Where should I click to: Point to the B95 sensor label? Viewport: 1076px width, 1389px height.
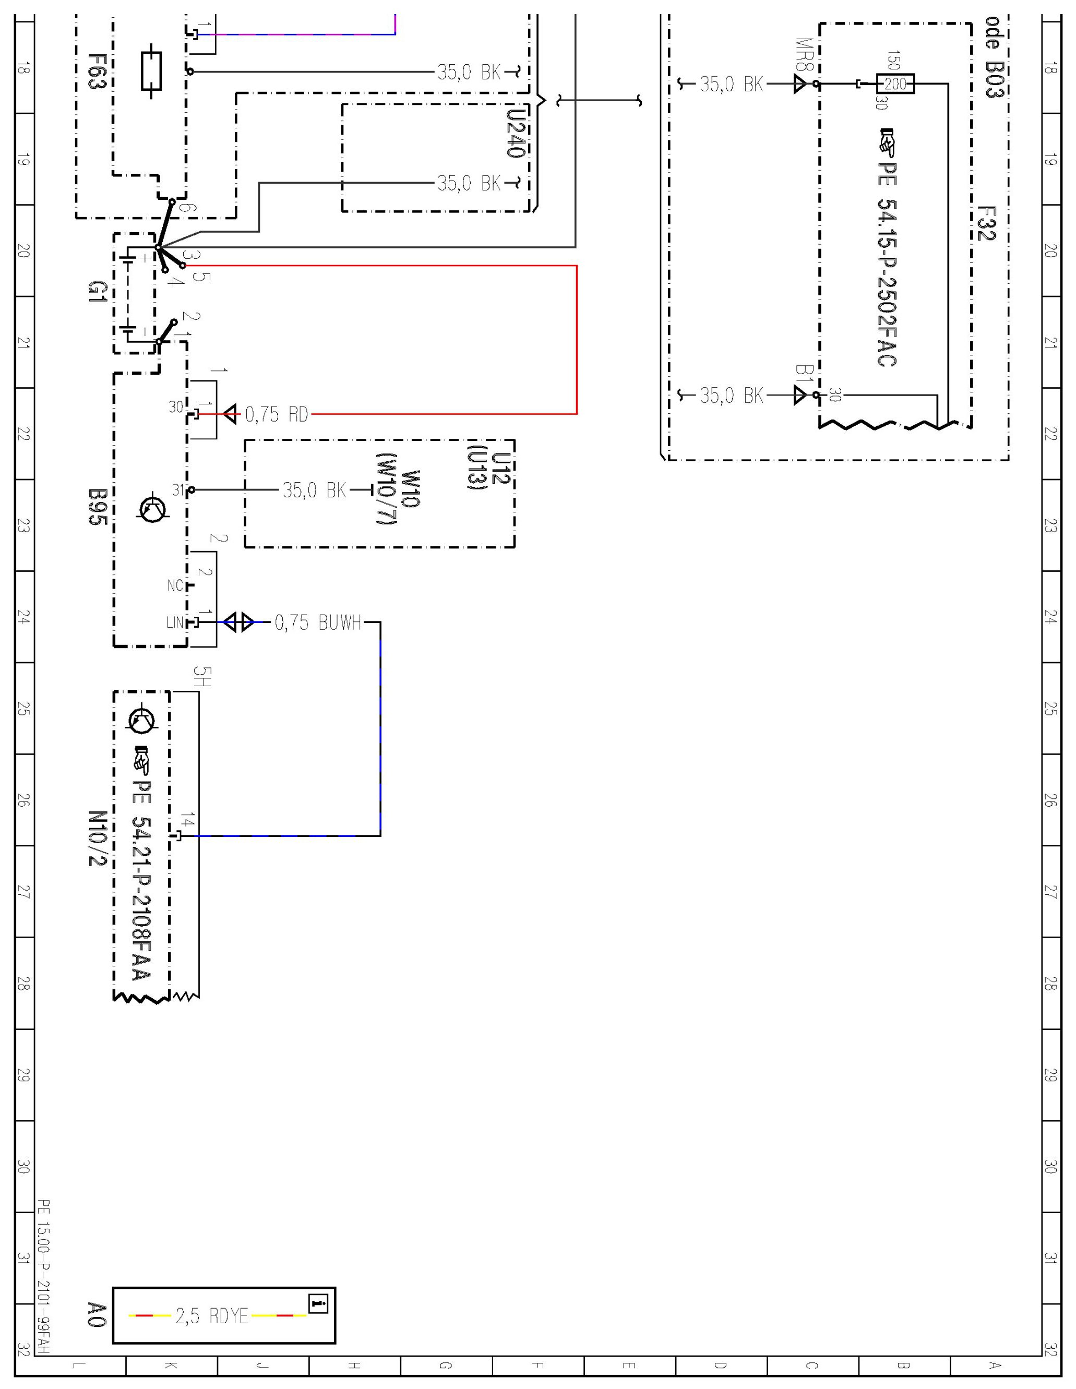95,506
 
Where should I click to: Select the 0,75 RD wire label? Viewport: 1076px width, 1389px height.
276,415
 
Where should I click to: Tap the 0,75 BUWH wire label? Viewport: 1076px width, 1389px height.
317,622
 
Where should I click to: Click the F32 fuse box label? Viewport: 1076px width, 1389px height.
985,224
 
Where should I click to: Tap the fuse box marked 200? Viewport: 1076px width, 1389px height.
895,84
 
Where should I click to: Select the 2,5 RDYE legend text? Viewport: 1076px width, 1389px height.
212,1316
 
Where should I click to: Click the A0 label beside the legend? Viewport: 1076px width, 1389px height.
95,1315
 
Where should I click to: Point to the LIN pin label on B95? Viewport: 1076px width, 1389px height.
174,622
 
